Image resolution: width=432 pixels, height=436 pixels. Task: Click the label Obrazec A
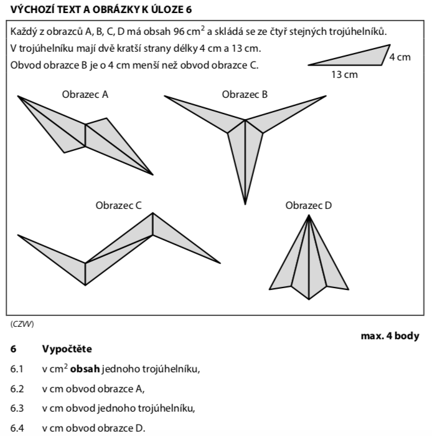coord(85,95)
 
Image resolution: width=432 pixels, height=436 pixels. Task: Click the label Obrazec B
coord(245,95)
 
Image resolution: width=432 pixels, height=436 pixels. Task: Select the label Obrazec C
coord(118,205)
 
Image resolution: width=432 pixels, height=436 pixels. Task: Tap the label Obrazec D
coord(309,205)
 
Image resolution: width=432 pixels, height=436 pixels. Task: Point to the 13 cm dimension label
coord(344,75)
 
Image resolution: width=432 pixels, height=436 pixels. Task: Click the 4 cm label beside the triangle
coord(400,57)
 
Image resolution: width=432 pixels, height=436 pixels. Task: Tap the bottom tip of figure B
coord(245,203)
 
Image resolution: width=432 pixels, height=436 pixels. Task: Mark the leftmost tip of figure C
coord(19,236)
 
